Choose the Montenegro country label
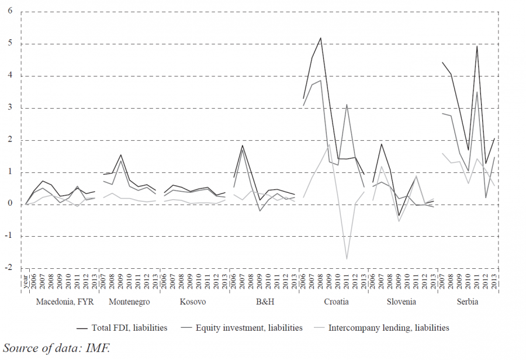coord(129,302)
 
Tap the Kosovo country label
coord(193,302)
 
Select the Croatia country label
coord(336,302)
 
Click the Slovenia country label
coord(401,302)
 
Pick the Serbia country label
coord(467,302)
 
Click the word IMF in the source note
coord(99,348)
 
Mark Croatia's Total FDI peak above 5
coord(321,38)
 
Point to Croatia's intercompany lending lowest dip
coord(347,258)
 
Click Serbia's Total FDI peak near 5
coord(477,46)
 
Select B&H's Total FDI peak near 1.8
coord(242,146)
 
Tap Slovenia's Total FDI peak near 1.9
coord(382,144)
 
